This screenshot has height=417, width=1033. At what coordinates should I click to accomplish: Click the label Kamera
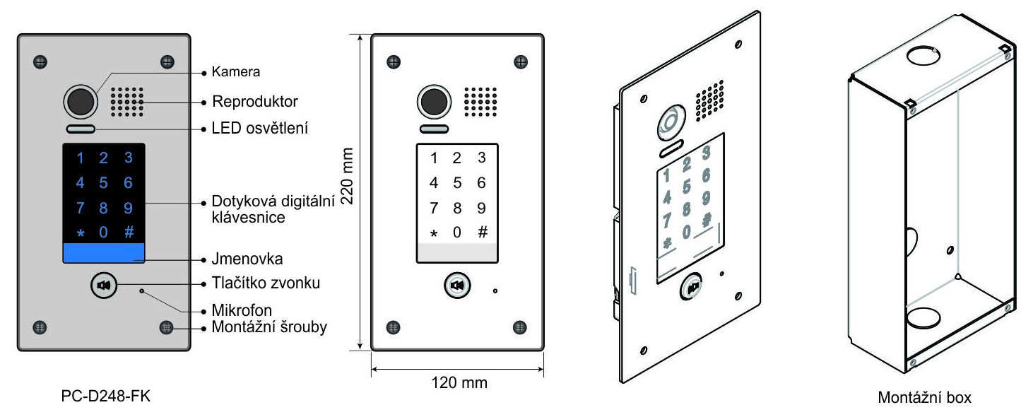coord(236,72)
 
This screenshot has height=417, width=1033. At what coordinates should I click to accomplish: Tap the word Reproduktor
coord(255,102)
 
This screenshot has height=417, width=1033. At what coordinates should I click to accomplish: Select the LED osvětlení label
coord(260,129)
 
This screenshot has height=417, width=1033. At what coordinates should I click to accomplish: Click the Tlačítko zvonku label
coord(266,283)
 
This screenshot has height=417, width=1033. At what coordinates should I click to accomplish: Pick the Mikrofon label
coord(242,310)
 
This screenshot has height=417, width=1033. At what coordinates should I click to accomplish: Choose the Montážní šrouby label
coord(269,327)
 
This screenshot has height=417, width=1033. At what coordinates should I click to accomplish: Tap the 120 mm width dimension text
coord(459,383)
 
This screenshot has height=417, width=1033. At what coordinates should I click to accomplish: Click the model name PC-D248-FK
coord(106,397)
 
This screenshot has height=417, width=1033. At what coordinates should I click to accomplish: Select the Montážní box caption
coord(924,398)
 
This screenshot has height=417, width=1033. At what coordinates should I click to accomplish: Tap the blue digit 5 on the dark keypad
coord(104,184)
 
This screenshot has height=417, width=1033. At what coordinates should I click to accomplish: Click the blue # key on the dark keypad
coord(129,233)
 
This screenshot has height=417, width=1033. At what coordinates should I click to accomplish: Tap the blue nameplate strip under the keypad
coord(104,254)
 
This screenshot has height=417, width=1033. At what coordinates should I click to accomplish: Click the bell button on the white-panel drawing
coord(457,286)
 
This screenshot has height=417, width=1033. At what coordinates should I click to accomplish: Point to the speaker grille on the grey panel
coord(127,102)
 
